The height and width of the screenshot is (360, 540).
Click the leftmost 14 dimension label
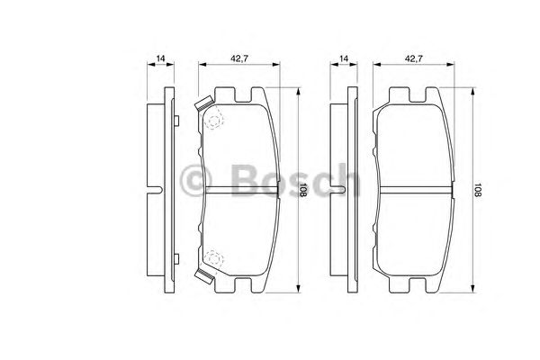[x=160, y=58]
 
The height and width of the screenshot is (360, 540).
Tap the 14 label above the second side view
[x=343, y=58]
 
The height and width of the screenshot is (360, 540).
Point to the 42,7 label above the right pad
[x=412, y=58]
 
